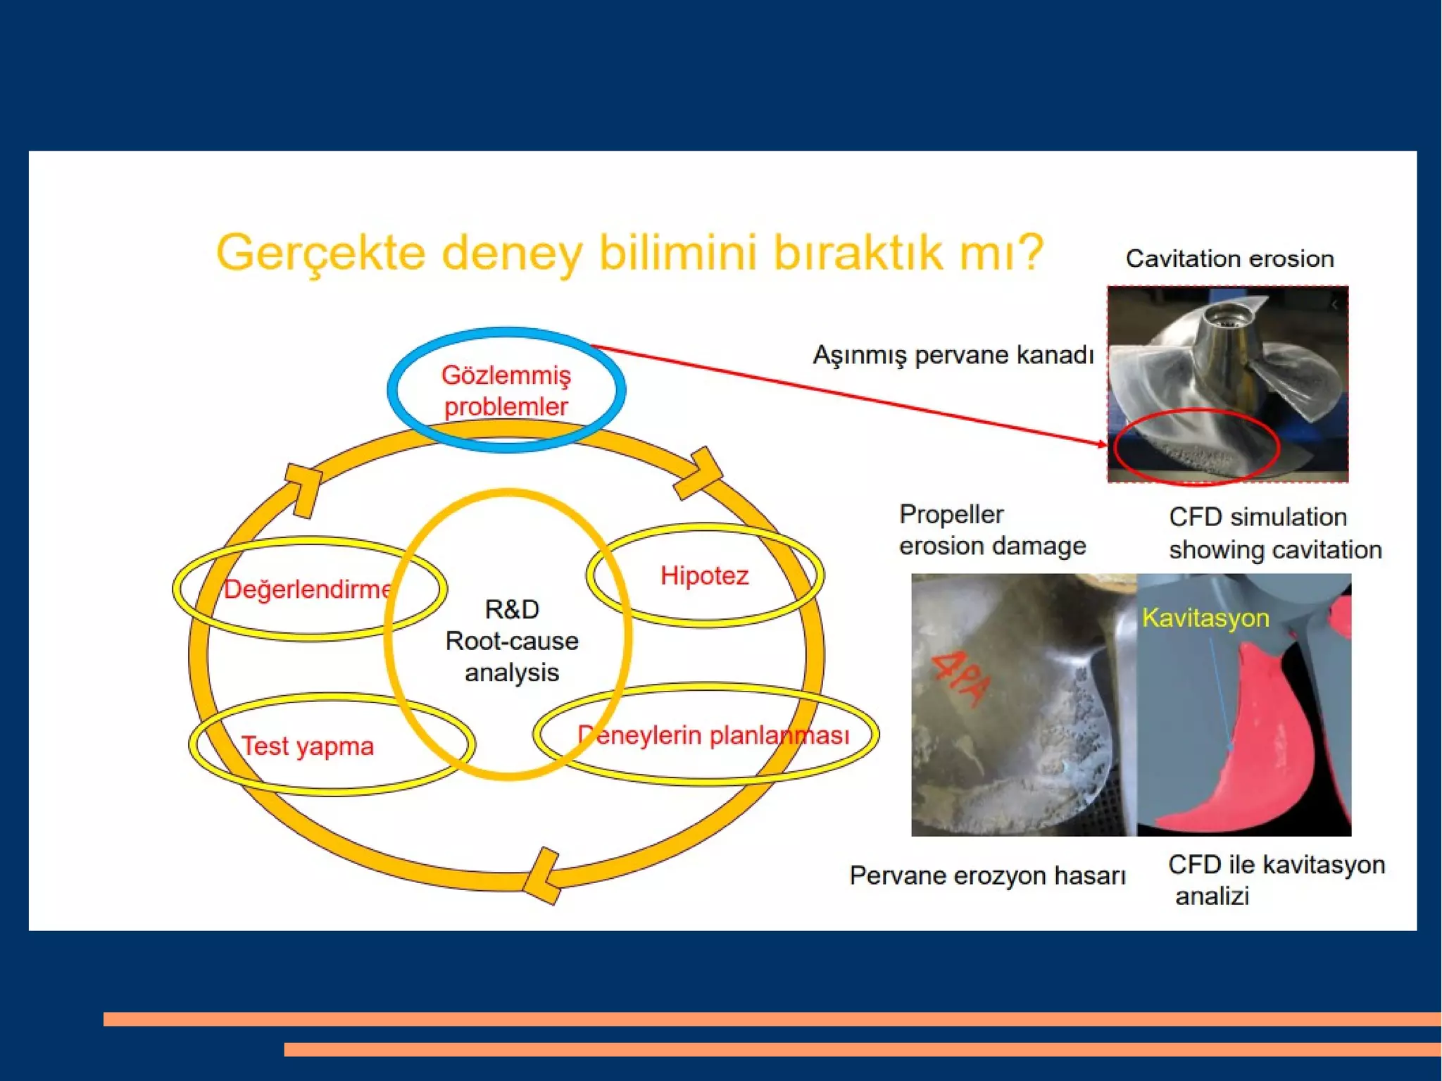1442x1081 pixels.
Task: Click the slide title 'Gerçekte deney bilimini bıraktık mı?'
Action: pyautogui.click(x=629, y=252)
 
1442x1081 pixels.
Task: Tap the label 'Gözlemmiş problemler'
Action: pyautogui.click(x=506, y=391)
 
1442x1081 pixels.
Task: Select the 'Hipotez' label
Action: pyautogui.click(x=704, y=575)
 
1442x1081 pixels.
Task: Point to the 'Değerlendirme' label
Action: pyautogui.click(x=307, y=589)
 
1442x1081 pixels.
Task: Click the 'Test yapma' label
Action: pyautogui.click(x=307, y=746)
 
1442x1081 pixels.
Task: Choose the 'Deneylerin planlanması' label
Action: pyautogui.click(x=713, y=735)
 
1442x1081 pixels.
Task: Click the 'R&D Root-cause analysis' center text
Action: pyautogui.click(x=511, y=641)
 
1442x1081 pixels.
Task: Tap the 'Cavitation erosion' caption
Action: pyautogui.click(x=1229, y=258)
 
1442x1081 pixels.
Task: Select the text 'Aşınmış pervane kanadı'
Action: pyautogui.click(x=953, y=354)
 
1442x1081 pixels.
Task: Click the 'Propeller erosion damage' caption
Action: pyautogui.click(x=991, y=530)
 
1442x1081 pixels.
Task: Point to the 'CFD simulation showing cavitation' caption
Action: pyautogui.click(x=1274, y=533)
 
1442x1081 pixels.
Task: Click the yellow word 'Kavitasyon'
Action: pyautogui.click(x=1205, y=618)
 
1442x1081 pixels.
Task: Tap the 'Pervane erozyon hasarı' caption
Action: pyautogui.click(x=987, y=875)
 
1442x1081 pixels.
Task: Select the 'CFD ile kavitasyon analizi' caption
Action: pyautogui.click(x=1275, y=880)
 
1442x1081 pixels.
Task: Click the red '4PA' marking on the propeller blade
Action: pyautogui.click(x=961, y=680)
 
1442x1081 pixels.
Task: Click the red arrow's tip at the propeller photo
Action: pyautogui.click(x=1104, y=444)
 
